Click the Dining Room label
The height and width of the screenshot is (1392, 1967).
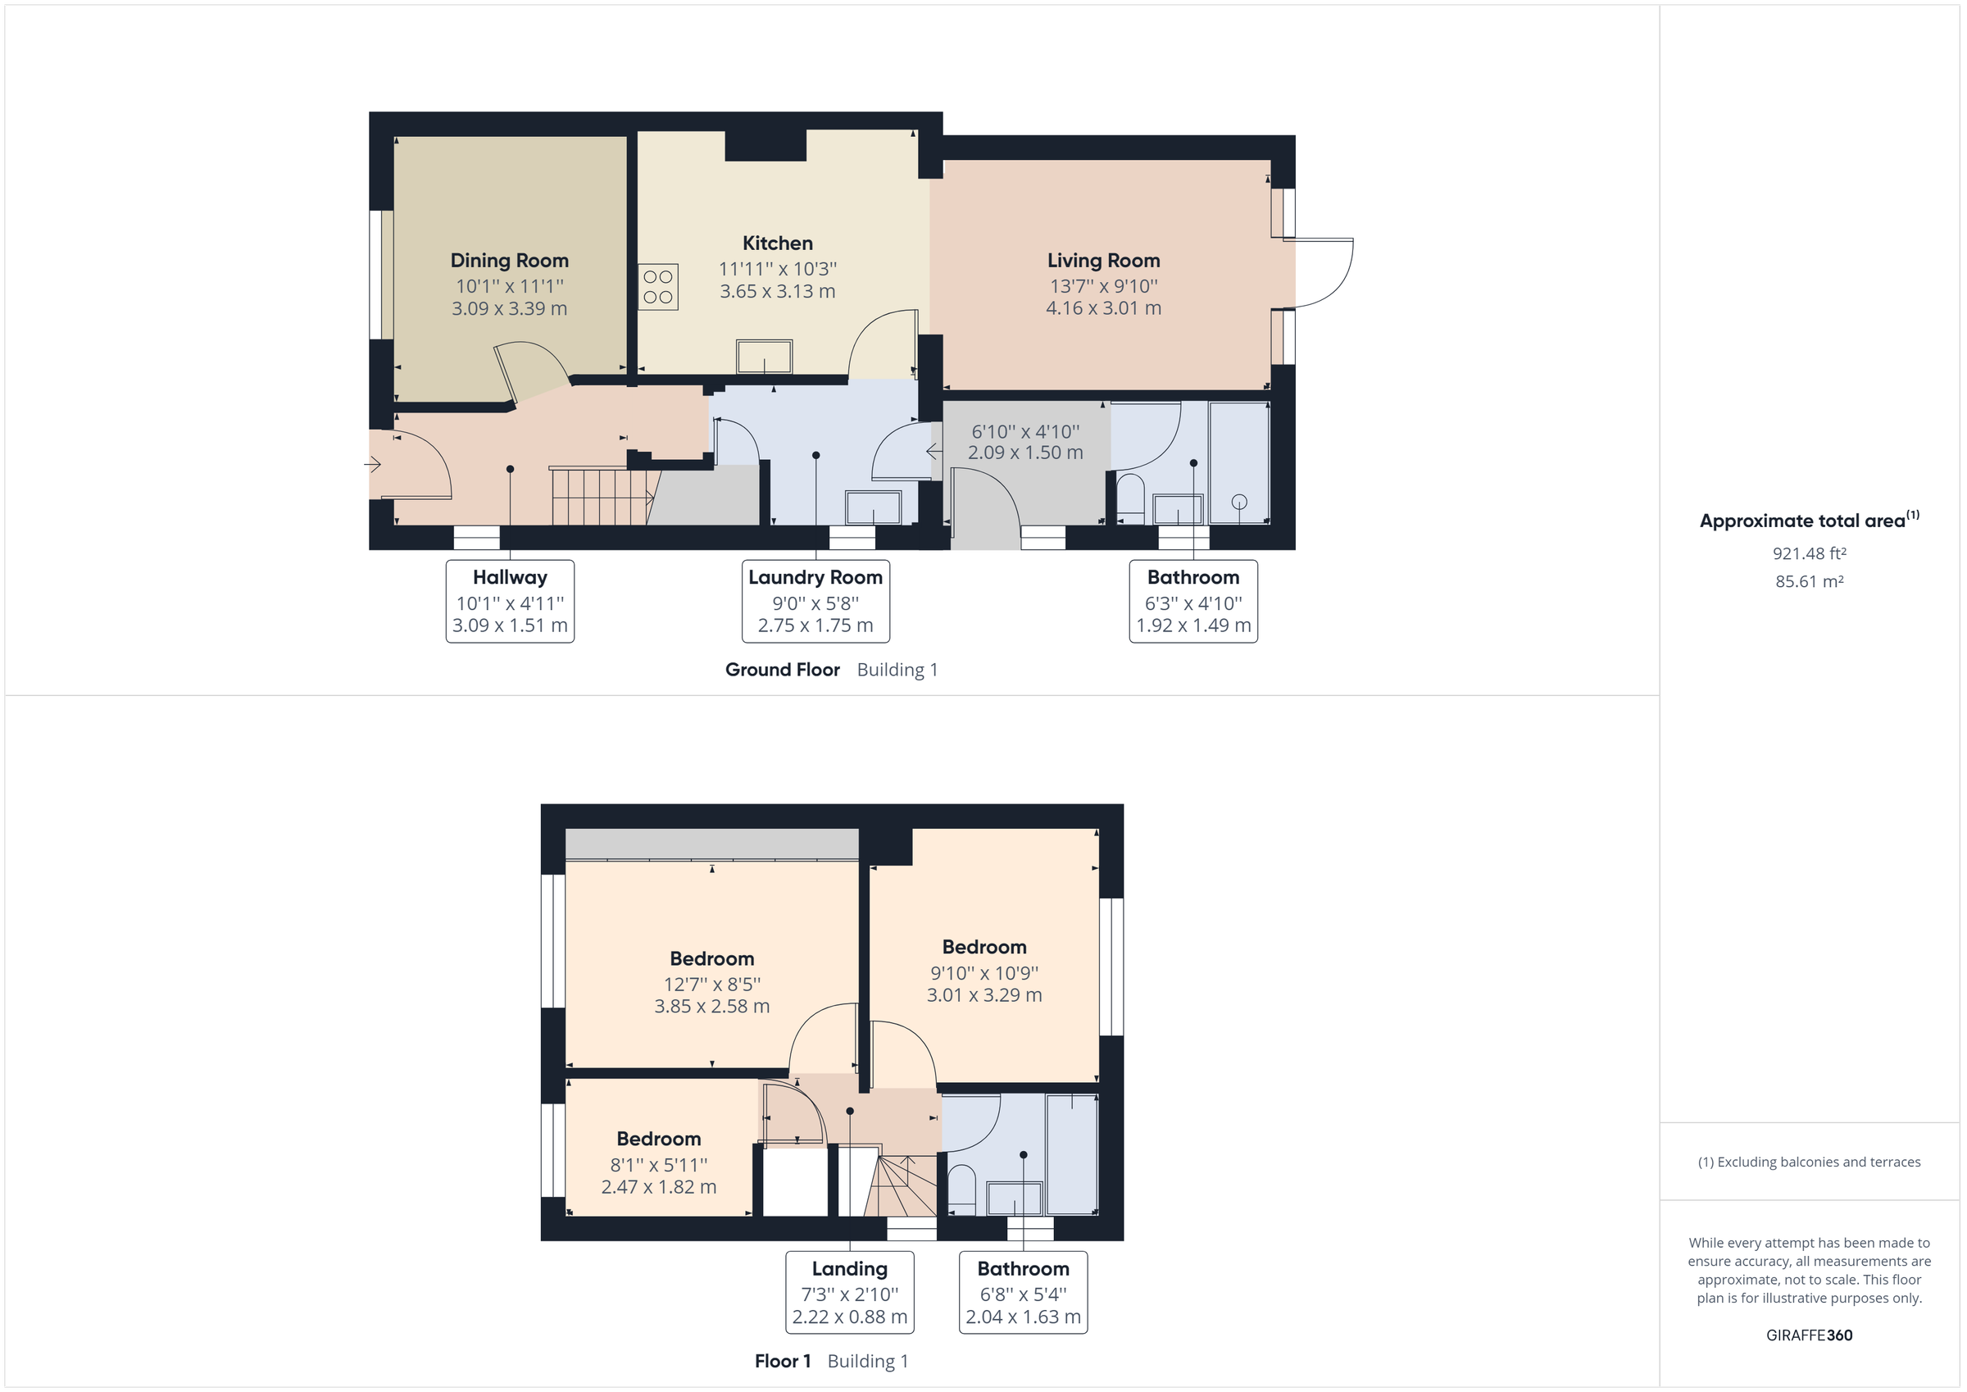pyautogui.click(x=509, y=261)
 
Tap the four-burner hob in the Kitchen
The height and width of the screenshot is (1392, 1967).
pyautogui.click(x=658, y=287)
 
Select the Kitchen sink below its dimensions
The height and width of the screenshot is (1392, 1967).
pyautogui.click(x=764, y=357)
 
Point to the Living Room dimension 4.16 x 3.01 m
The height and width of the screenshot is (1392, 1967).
pyautogui.click(x=1103, y=307)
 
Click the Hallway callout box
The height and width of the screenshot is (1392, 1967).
pyautogui.click(x=510, y=601)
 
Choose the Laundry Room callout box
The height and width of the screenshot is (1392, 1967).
pyautogui.click(x=815, y=601)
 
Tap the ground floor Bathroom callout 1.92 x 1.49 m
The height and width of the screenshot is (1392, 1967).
pyautogui.click(x=1192, y=625)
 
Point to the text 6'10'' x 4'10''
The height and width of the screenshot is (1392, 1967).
pyautogui.click(x=1024, y=432)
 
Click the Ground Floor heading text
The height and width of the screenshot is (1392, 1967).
pyautogui.click(x=782, y=671)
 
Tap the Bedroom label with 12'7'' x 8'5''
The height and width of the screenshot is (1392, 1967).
pyautogui.click(x=711, y=958)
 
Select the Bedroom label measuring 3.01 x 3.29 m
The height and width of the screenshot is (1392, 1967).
pyautogui.click(x=983, y=947)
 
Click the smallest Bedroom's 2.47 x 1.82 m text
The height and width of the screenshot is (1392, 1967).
pyautogui.click(x=658, y=1187)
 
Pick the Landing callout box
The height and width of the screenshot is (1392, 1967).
pyautogui.click(x=849, y=1292)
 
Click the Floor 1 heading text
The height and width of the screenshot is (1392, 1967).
pyautogui.click(x=782, y=1361)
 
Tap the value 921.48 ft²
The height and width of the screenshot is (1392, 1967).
pyautogui.click(x=1809, y=553)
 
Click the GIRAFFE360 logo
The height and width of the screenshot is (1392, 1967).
pyautogui.click(x=1809, y=1335)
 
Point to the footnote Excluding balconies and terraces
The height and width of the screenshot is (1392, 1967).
pyautogui.click(x=1809, y=1162)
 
